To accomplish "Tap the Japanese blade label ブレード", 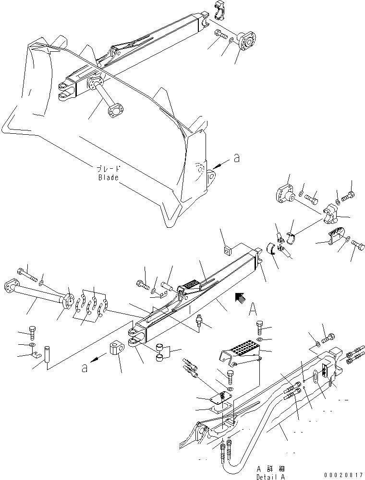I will tap(108, 169).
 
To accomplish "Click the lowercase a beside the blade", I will tap(235, 159).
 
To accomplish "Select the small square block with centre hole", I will tap(227, 249).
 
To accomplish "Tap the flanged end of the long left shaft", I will tap(11, 287).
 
